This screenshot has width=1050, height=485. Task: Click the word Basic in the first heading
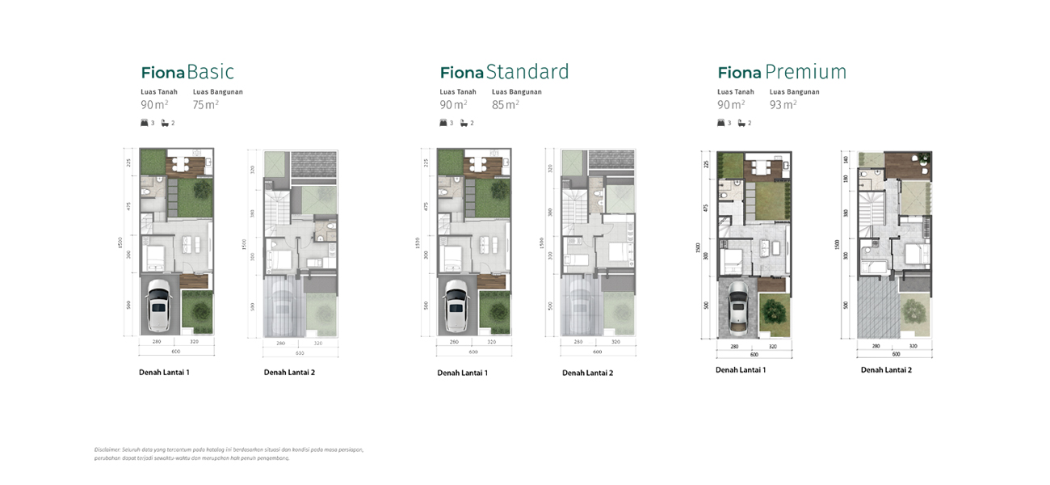(210, 72)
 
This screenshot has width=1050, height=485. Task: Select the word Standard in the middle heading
(527, 72)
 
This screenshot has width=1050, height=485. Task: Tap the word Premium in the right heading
(805, 72)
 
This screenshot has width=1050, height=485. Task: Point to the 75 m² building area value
(205, 104)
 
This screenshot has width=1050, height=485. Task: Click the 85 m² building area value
(505, 104)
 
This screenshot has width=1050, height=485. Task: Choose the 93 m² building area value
(783, 104)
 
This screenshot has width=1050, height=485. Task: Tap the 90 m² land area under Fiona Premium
(730, 104)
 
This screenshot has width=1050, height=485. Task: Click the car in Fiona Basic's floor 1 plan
(158, 307)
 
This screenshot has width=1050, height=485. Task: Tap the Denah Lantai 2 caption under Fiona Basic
(289, 373)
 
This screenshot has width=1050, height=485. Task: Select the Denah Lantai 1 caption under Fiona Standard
(462, 373)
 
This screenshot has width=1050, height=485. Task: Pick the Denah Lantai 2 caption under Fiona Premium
(886, 370)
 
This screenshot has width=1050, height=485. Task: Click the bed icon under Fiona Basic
(145, 123)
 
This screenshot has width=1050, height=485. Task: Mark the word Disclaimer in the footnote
(107, 449)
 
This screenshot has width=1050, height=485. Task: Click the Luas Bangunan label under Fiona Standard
(516, 92)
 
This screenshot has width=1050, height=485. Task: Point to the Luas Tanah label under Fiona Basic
(159, 92)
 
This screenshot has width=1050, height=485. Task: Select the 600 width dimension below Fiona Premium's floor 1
(754, 354)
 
